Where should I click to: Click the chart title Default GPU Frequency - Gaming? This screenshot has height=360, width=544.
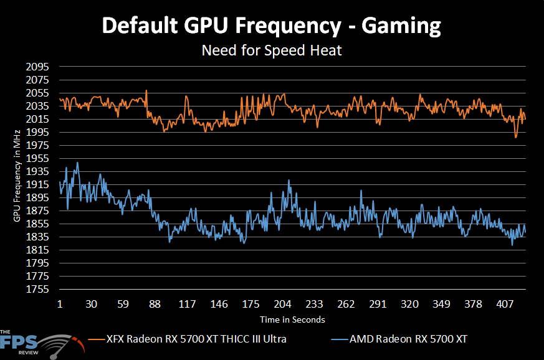point(272,26)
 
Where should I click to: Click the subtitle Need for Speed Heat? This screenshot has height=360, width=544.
point(272,50)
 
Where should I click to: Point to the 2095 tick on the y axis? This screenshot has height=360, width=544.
point(37,67)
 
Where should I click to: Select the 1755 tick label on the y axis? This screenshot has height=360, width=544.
point(37,290)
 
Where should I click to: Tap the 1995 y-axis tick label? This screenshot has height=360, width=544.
point(37,132)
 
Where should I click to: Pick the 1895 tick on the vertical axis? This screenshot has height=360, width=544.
point(37,197)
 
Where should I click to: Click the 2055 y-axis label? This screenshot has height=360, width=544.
point(37,93)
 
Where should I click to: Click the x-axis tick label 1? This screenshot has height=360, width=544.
point(59,305)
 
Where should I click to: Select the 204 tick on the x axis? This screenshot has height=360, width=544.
point(283,305)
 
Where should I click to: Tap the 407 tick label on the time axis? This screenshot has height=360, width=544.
point(505,305)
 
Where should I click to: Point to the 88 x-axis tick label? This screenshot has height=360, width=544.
point(155,305)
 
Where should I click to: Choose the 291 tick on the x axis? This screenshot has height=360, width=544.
point(378,305)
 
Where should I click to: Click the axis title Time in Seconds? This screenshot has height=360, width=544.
point(293,320)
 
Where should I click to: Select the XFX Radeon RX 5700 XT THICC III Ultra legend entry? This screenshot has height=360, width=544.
point(196,339)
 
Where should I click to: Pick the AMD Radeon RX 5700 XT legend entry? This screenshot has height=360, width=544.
point(408,339)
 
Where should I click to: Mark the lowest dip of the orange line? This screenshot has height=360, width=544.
point(516,137)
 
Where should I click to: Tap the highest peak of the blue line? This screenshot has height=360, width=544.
point(77,163)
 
